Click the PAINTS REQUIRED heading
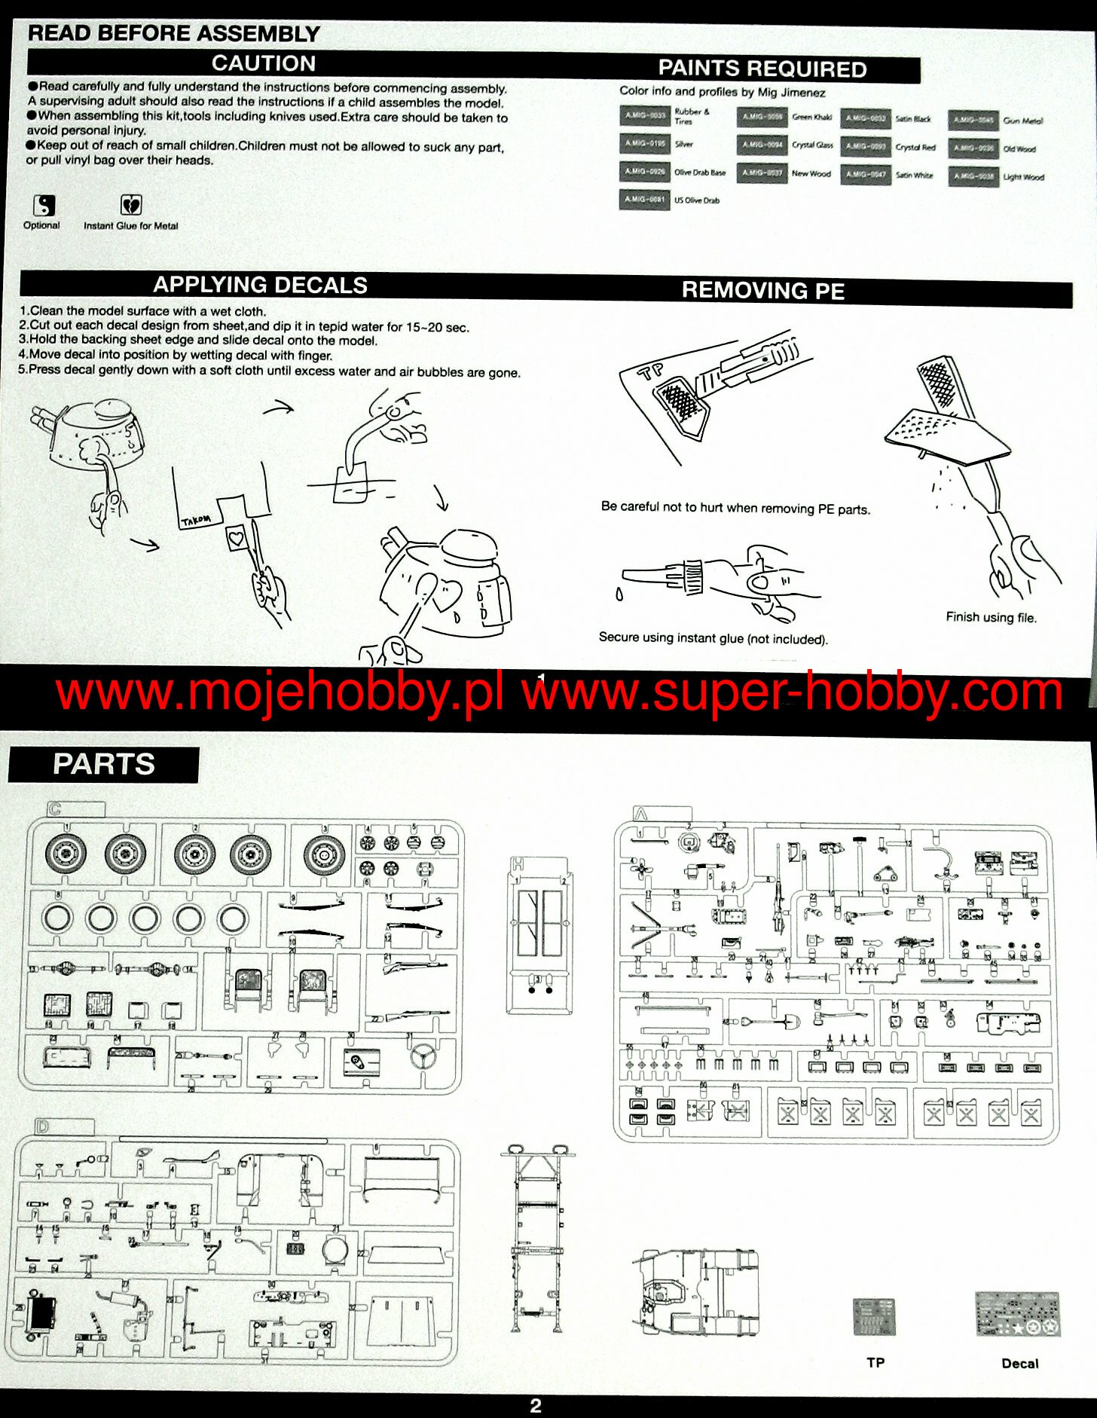point(762,69)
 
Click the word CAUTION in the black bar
point(263,63)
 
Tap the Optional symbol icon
point(44,206)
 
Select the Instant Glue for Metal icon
point(131,205)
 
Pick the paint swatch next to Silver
point(644,143)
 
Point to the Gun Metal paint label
point(1022,121)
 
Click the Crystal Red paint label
point(915,148)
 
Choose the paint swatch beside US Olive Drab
point(644,200)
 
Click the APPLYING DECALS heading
point(260,285)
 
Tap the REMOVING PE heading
point(762,291)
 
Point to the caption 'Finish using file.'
point(991,617)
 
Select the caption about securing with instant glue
point(713,638)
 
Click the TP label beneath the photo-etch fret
point(875,1362)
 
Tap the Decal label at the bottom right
point(1019,1363)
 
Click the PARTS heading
point(103,764)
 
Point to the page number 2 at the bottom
point(536,1405)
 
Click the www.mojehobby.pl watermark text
point(279,693)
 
